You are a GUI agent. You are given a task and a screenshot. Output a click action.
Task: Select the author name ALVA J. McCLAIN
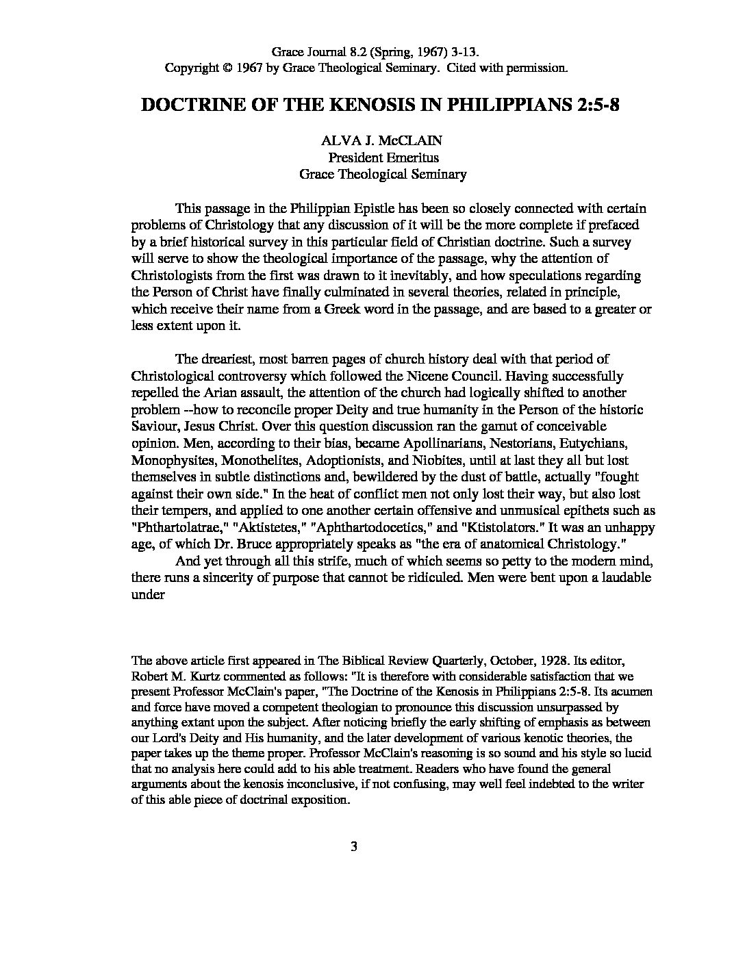click(382, 141)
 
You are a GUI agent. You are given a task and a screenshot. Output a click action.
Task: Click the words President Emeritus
click(383, 157)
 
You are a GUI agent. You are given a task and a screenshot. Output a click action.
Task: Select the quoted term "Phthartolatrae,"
click(175, 528)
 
